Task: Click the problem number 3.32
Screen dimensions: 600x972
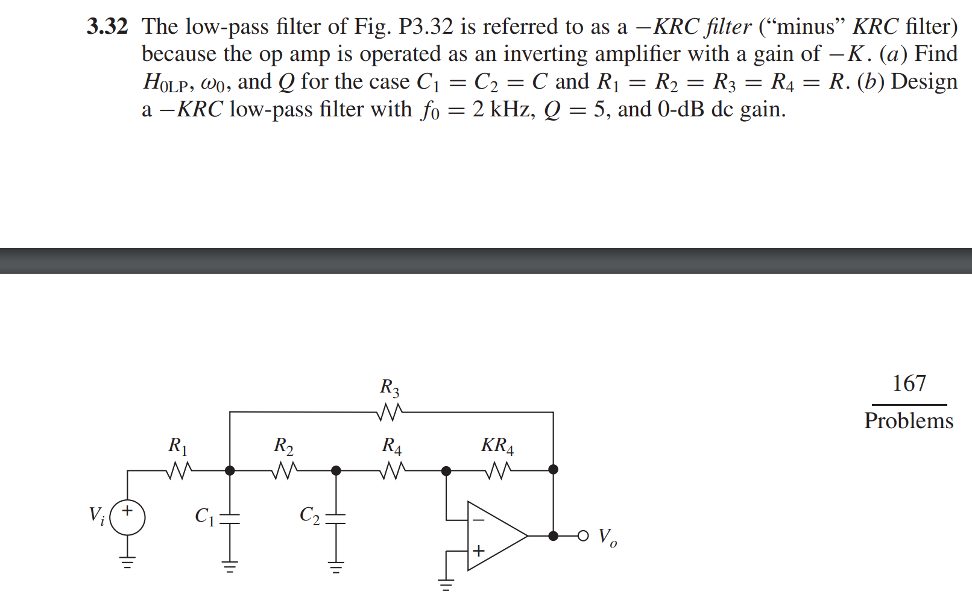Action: tap(107, 27)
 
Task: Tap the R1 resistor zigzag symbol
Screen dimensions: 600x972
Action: tap(178, 470)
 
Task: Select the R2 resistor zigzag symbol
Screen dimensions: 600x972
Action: tap(284, 470)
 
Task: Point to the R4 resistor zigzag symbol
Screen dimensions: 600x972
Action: tap(392, 470)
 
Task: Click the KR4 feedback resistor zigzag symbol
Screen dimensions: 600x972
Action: tap(498, 470)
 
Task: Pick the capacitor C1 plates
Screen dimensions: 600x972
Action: tap(230, 518)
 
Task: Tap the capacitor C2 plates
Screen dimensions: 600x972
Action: tap(336, 518)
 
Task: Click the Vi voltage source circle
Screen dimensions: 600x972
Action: tap(127, 518)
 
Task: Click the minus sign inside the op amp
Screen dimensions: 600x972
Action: tap(478, 519)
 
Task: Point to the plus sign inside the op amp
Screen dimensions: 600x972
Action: tap(478, 551)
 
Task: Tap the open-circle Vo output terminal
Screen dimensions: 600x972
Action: tap(582, 535)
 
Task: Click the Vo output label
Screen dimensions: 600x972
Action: tap(607, 537)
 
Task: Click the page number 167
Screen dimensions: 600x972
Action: tap(909, 384)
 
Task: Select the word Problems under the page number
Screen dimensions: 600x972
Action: tap(909, 421)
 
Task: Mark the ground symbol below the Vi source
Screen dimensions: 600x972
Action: tap(127, 563)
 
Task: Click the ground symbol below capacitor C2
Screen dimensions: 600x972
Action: tap(336, 566)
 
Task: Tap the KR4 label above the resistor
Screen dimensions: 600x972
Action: tap(497, 446)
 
